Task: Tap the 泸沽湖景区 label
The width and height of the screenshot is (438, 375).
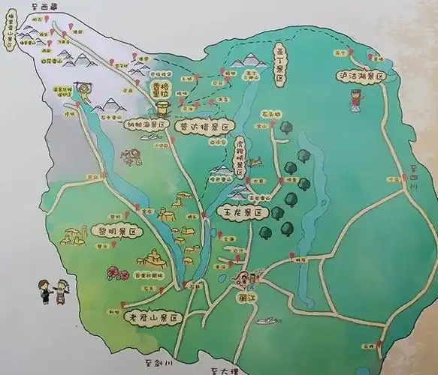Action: [x=360, y=76]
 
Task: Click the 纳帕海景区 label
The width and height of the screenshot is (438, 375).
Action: [x=146, y=127]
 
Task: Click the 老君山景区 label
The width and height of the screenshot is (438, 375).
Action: [x=153, y=318]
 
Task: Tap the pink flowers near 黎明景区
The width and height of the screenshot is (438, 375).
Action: [x=118, y=271]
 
